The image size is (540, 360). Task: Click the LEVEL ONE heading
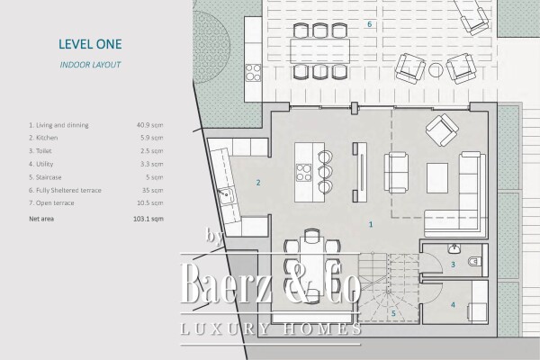click(90, 43)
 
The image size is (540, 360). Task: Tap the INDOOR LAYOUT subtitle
click(90, 66)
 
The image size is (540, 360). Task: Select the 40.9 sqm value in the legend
click(149, 124)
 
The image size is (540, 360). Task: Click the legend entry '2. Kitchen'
click(44, 138)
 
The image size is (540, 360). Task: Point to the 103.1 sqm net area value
click(148, 219)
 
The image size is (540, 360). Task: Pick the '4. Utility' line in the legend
click(42, 165)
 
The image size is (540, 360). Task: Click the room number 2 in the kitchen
click(258, 183)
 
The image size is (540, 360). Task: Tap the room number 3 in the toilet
click(453, 265)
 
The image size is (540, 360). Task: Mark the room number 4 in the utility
click(453, 304)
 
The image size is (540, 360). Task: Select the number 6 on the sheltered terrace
click(369, 24)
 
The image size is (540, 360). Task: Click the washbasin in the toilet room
click(453, 247)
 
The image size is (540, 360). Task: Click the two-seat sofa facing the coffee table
click(396, 172)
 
